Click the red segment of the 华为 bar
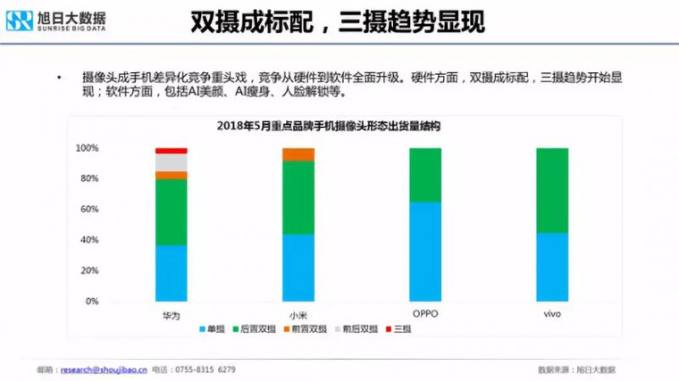pyautogui.click(x=171, y=150)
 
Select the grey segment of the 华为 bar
pyautogui.click(x=171, y=162)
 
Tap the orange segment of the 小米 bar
pyautogui.click(x=298, y=154)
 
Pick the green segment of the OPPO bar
pyautogui.click(x=424, y=175)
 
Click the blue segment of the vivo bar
pyautogui.click(x=552, y=266)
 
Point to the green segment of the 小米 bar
pyautogui.click(x=298, y=197)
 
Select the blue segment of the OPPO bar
pyautogui.click(x=424, y=251)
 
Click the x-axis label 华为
pyautogui.click(x=171, y=315)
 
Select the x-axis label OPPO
pyautogui.click(x=424, y=314)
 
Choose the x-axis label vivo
pyautogui.click(x=552, y=314)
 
